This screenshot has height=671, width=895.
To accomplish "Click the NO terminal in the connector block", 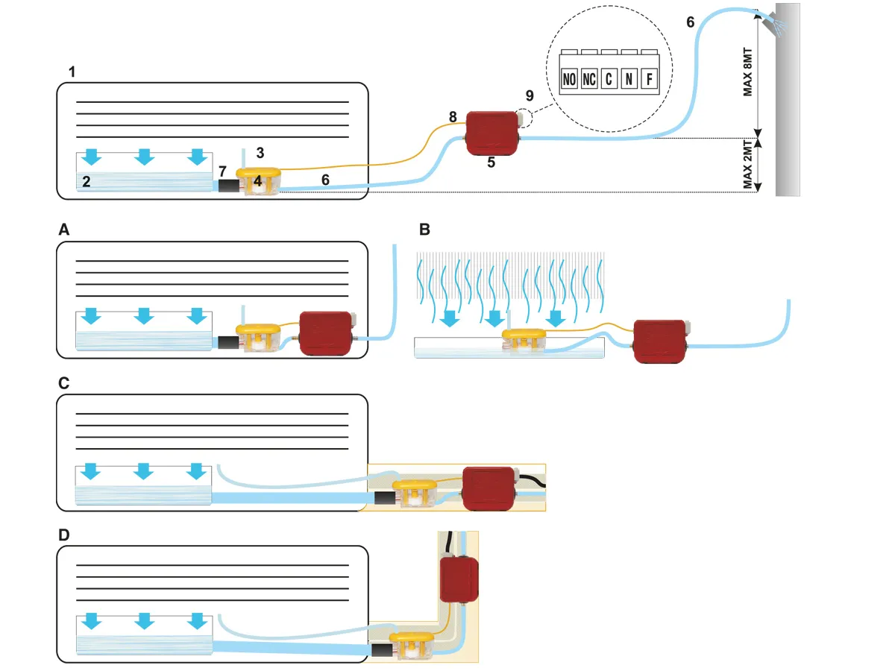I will click(x=569, y=79).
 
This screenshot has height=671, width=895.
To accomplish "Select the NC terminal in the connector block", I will click(x=589, y=79).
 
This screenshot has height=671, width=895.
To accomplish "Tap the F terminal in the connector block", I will click(x=650, y=79).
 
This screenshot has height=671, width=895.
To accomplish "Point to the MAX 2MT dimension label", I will click(x=748, y=166).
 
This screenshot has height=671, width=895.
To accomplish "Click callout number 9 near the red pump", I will click(x=530, y=95).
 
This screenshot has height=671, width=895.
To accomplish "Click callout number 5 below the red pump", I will click(x=491, y=162).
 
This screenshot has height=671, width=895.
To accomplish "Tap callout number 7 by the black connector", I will click(x=222, y=172).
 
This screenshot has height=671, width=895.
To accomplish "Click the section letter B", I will click(x=424, y=230).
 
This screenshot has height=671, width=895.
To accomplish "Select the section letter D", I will click(x=64, y=536).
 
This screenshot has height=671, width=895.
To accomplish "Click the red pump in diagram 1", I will click(x=492, y=133).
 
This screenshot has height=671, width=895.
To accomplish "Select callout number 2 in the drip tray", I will click(x=87, y=180).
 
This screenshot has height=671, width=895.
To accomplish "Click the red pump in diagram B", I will click(x=660, y=340).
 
